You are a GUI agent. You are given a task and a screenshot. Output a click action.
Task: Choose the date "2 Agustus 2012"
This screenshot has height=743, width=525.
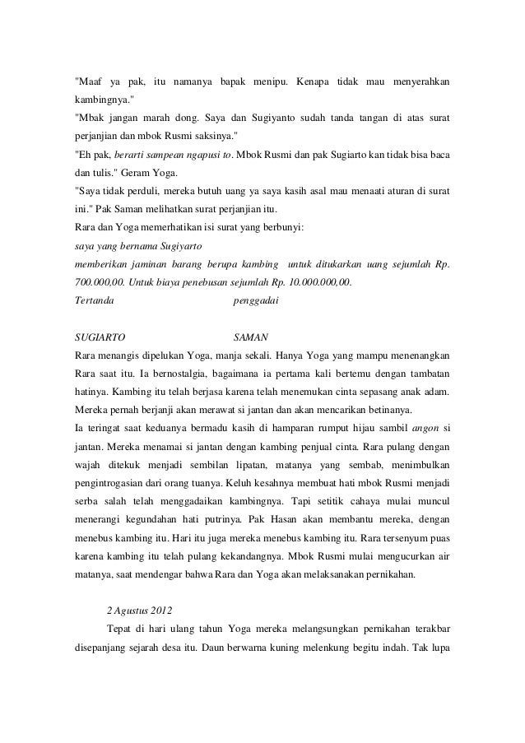tap(141, 610)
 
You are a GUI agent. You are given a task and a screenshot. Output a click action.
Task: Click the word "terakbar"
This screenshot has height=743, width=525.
tap(429, 628)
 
